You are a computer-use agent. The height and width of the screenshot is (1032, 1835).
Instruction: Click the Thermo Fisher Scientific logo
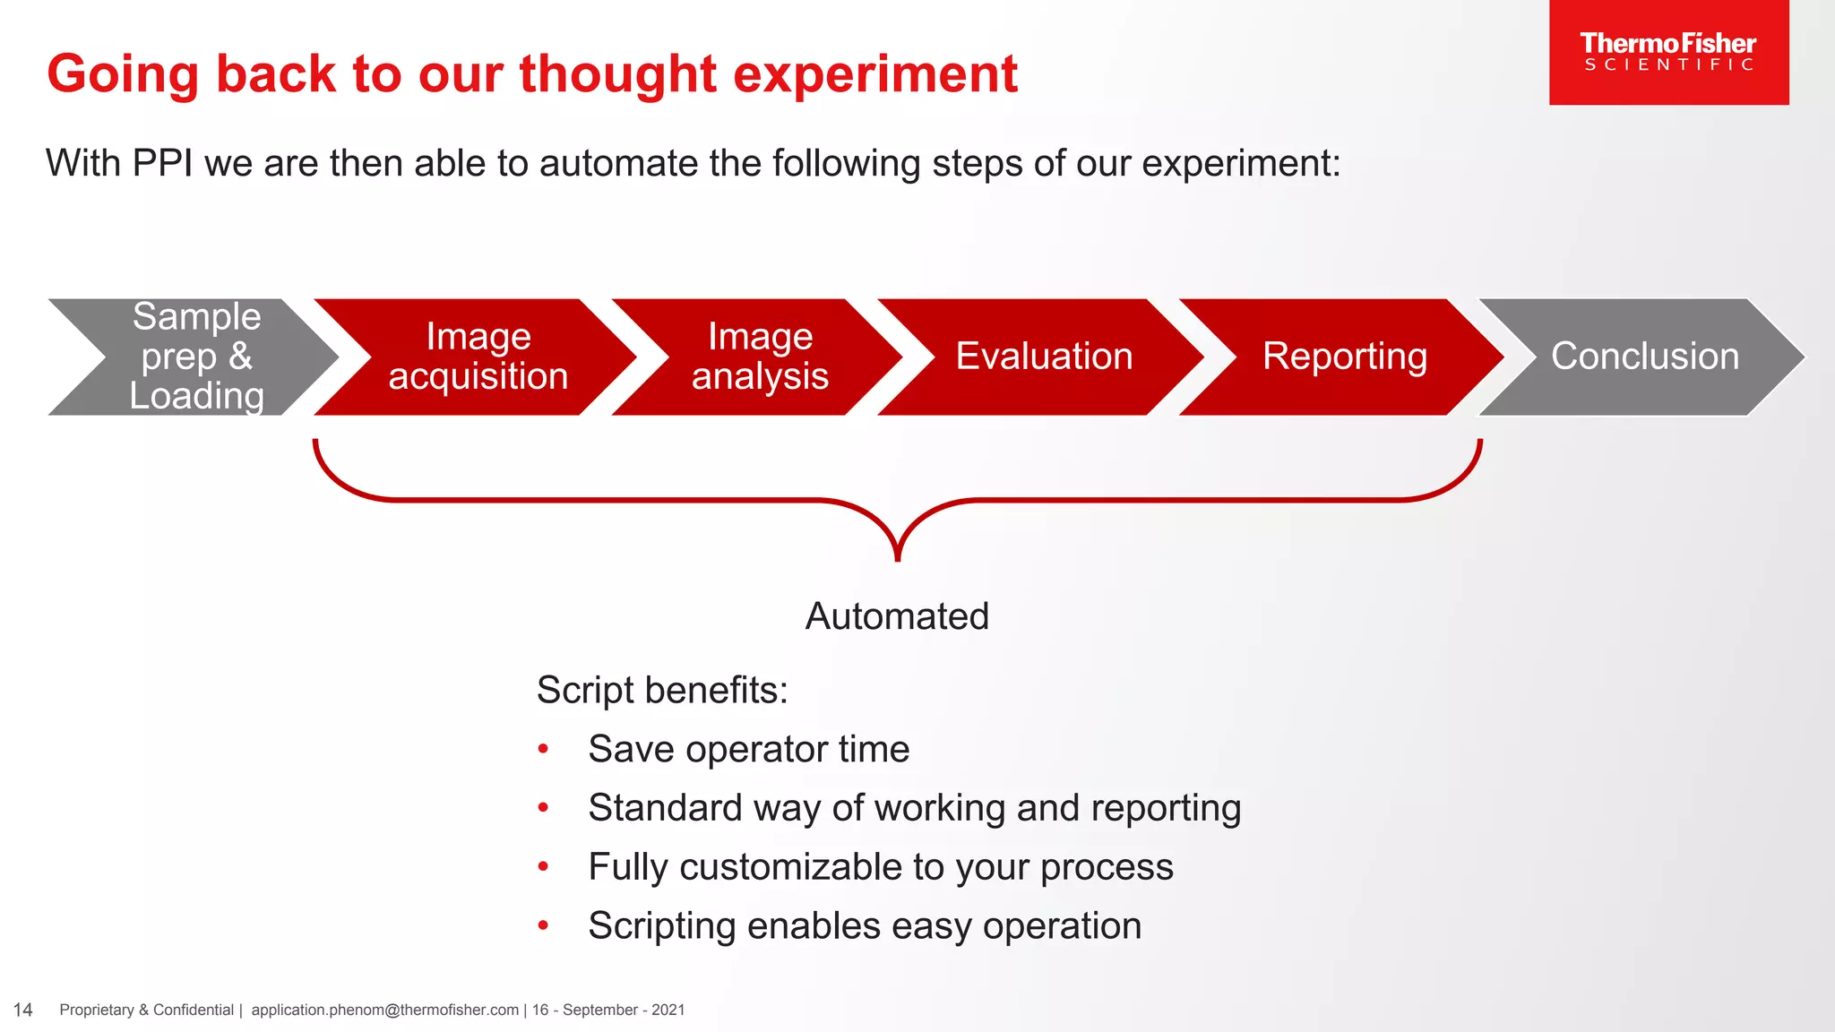click(1668, 52)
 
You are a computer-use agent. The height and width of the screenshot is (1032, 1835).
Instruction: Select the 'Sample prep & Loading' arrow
click(196, 357)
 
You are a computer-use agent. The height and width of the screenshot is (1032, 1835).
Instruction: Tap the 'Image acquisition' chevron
click(478, 357)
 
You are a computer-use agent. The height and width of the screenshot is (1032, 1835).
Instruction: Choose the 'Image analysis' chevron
click(760, 357)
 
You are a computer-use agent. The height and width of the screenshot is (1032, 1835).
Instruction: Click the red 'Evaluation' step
click(1044, 357)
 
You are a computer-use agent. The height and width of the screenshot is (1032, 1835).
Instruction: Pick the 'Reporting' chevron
click(1344, 357)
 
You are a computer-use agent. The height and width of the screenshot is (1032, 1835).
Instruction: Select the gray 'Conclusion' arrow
click(1645, 357)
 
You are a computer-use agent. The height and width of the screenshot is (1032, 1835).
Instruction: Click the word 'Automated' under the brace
click(897, 616)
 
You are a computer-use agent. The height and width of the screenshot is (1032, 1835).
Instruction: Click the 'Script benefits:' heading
click(662, 691)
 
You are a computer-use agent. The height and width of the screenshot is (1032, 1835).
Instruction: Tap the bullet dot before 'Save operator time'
click(543, 749)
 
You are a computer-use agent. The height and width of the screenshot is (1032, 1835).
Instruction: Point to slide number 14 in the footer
click(23, 1010)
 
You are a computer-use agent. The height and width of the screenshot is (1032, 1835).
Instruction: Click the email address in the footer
click(384, 1010)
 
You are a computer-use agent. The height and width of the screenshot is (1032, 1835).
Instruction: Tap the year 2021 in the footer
click(668, 1010)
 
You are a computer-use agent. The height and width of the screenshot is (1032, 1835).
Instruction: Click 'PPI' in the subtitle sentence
click(162, 164)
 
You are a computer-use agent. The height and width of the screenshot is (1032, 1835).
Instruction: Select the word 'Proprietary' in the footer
click(97, 1010)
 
